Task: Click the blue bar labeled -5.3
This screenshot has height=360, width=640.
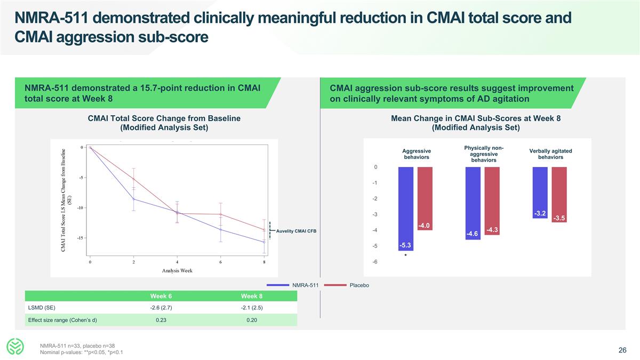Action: click(x=405, y=209)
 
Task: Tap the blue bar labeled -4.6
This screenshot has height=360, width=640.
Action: click(x=473, y=203)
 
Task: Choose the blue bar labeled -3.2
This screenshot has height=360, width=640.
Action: click(x=540, y=193)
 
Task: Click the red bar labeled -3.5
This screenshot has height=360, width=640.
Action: click(x=559, y=195)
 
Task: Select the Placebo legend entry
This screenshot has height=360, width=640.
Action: click(x=359, y=285)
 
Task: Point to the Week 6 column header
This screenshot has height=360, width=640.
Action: click(x=161, y=297)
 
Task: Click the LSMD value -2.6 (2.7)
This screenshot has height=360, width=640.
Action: click(x=161, y=308)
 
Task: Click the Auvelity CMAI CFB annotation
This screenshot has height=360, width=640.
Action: click(x=296, y=231)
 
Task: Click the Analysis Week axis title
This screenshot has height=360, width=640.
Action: click(x=177, y=270)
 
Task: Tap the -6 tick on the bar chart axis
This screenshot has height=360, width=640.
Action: click(x=376, y=261)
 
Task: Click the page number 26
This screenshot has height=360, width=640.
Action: click(x=622, y=350)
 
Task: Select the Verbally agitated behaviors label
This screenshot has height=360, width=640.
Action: click(x=550, y=154)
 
